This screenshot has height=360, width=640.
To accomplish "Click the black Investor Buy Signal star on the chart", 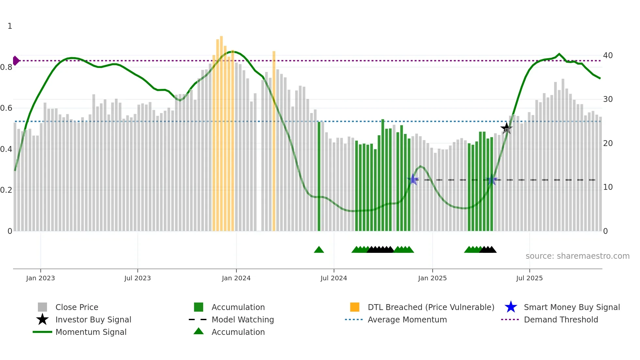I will [x=506, y=128].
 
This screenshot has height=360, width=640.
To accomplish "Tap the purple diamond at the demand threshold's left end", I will [x=16, y=60].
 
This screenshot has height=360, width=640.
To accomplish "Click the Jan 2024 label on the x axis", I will [x=236, y=278].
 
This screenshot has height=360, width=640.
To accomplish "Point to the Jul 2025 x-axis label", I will [x=529, y=278].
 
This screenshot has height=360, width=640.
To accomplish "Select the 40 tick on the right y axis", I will [x=608, y=55].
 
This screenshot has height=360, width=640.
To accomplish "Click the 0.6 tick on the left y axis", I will [x=7, y=108].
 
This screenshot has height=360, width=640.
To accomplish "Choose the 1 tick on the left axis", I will [x=10, y=26].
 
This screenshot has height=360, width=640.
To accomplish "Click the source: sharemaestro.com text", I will [x=577, y=256].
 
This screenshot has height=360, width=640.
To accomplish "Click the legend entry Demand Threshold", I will [x=561, y=319].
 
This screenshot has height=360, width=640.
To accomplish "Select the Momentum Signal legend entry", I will [x=91, y=332].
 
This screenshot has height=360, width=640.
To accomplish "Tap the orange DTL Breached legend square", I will [x=355, y=307].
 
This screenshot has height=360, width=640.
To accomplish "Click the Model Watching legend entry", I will [x=243, y=319].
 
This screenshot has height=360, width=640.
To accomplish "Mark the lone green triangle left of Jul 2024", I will [x=319, y=250].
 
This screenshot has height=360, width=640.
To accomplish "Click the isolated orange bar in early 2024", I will [x=274, y=140].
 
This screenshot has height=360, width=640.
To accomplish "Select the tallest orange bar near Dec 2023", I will [x=221, y=131].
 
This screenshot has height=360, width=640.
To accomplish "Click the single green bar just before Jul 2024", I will [x=319, y=176].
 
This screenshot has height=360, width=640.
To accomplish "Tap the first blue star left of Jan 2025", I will [x=413, y=179].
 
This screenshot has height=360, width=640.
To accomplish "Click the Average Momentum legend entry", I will [x=407, y=319].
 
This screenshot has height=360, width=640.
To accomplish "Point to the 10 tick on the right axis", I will [x=608, y=187].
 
